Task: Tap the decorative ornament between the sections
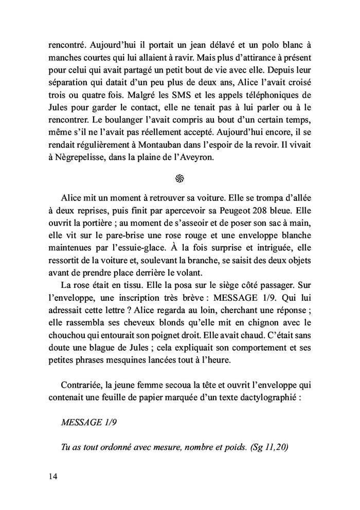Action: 179,178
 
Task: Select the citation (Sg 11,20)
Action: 269,446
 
